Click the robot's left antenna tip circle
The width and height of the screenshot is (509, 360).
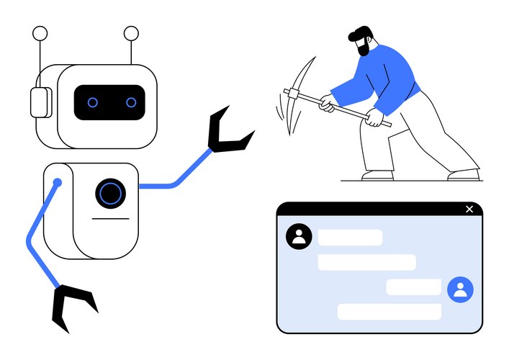(40, 33)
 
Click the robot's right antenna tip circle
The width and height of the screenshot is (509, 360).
(131, 32)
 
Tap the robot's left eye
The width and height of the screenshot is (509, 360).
(93, 102)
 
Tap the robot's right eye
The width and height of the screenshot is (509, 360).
(131, 102)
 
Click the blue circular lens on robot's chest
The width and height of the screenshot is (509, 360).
(110, 193)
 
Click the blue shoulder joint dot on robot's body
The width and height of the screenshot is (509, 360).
(58, 183)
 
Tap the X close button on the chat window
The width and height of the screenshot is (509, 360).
(469, 209)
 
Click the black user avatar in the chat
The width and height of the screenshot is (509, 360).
(299, 236)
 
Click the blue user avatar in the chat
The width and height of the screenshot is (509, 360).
(460, 289)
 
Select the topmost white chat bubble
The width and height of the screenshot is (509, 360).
(350, 238)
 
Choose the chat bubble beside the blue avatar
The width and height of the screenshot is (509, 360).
(413, 287)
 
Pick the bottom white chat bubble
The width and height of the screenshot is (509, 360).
(389, 312)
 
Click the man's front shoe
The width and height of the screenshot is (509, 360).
(377, 175)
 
